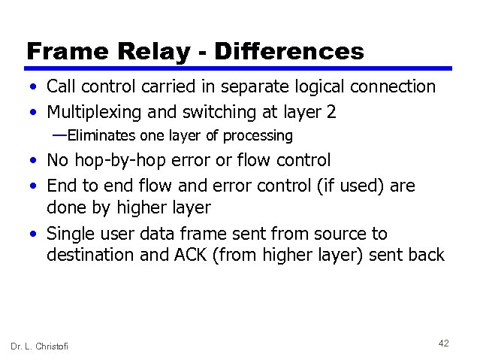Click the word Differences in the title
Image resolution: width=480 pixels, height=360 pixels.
tap(289, 51)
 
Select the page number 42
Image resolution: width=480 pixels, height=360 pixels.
tap(443, 343)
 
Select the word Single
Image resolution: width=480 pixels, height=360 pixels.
tap(71, 234)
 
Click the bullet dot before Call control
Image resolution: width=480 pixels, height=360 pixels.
tap(35, 88)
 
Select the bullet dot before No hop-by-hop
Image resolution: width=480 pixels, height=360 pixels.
tap(35, 161)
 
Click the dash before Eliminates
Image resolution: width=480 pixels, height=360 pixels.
tap(59, 135)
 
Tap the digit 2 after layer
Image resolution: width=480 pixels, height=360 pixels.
tap(331, 113)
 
